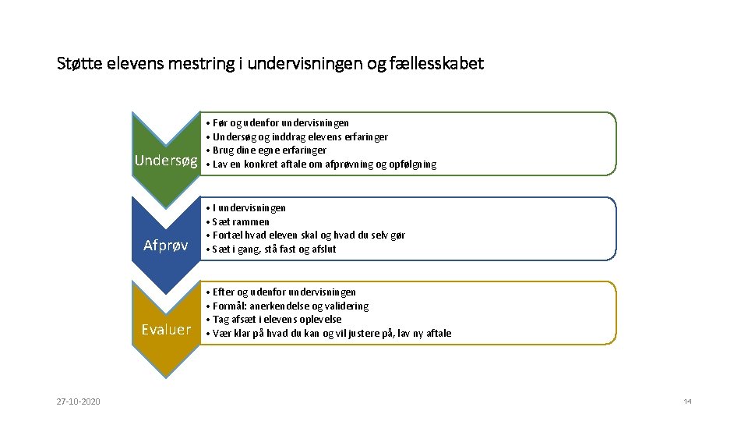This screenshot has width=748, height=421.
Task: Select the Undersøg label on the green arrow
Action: [166, 161]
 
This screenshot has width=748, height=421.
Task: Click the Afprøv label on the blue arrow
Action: [166, 246]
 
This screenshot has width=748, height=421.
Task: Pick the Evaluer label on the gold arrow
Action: [166, 329]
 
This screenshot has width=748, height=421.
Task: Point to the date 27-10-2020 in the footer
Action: [77, 402]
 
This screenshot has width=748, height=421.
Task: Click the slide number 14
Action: [687, 402]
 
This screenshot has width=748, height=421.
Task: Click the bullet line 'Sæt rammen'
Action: [241, 221]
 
